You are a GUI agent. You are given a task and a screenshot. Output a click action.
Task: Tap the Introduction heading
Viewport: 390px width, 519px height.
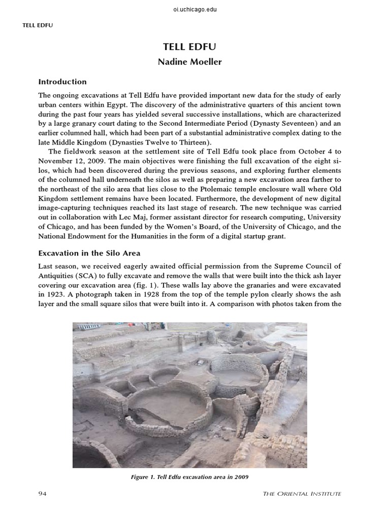tap(62, 82)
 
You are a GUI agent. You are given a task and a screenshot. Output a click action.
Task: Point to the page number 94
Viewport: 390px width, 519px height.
tap(43, 493)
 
